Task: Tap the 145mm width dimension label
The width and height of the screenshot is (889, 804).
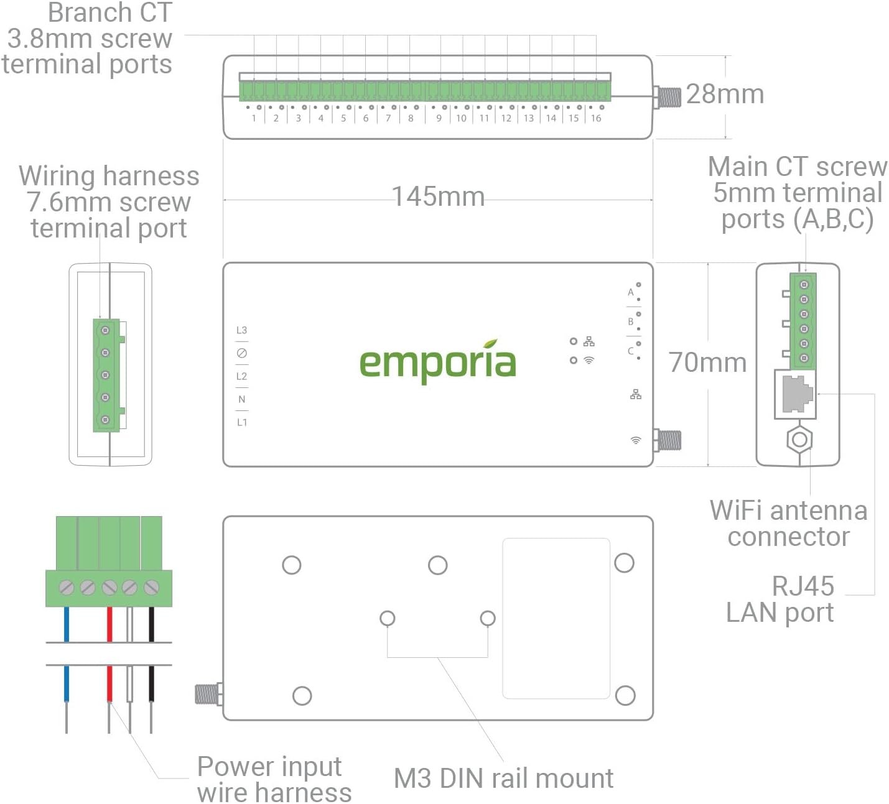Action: (x=438, y=196)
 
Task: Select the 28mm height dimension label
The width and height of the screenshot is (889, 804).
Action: (x=725, y=94)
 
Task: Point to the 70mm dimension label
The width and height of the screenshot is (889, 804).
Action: (x=707, y=363)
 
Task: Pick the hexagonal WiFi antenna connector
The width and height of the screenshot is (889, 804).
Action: (x=799, y=440)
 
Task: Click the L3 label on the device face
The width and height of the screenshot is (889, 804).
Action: (x=241, y=330)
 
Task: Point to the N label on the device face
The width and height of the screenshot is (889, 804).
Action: (x=241, y=399)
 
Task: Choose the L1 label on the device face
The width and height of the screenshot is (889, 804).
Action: (x=241, y=422)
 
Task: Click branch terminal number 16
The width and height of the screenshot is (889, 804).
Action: (x=596, y=118)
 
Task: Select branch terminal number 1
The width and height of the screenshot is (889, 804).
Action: (x=254, y=118)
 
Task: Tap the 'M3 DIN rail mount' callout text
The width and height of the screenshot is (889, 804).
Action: (x=503, y=779)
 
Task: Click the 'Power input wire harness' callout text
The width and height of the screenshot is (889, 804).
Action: (x=274, y=779)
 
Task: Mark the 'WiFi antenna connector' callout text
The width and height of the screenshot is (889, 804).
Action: (x=788, y=523)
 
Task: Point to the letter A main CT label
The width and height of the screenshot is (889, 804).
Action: (x=630, y=292)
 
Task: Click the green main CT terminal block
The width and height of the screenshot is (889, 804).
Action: (x=804, y=321)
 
